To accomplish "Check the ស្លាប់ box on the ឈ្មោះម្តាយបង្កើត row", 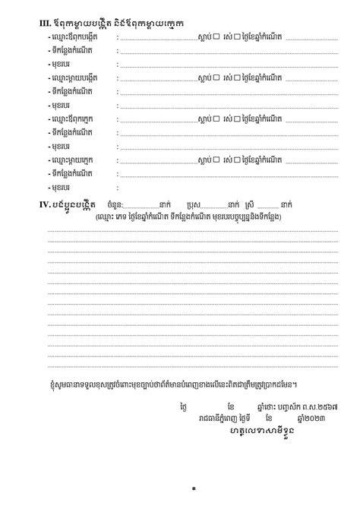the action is point(216,77).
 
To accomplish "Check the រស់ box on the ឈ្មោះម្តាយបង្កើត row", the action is point(237,77).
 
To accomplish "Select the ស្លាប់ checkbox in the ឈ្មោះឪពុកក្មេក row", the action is point(216,119).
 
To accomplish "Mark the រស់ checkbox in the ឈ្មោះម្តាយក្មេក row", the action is point(237,160).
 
